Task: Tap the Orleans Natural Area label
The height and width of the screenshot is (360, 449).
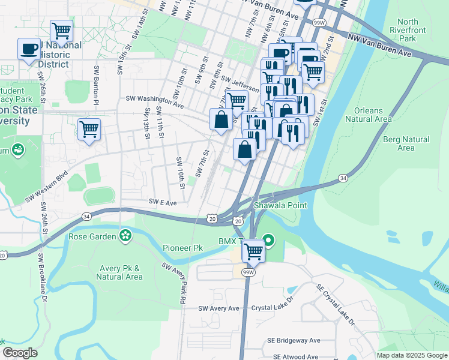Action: point(373,115)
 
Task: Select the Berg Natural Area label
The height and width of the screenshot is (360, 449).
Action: point(406,143)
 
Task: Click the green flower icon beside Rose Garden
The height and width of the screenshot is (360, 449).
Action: point(125,236)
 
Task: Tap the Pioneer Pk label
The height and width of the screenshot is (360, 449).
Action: point(182,247)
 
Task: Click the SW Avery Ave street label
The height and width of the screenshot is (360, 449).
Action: point(219,308)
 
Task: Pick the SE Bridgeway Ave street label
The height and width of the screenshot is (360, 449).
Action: point(294,340)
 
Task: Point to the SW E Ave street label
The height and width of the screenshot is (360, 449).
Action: point(163,203)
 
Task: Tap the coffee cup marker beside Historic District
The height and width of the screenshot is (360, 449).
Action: point(29,49)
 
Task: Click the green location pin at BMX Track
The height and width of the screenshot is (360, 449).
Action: point(269,241)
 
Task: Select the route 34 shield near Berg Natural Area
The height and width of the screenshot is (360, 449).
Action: point(343,178)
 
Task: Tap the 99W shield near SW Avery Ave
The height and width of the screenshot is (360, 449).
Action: point(247,272)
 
